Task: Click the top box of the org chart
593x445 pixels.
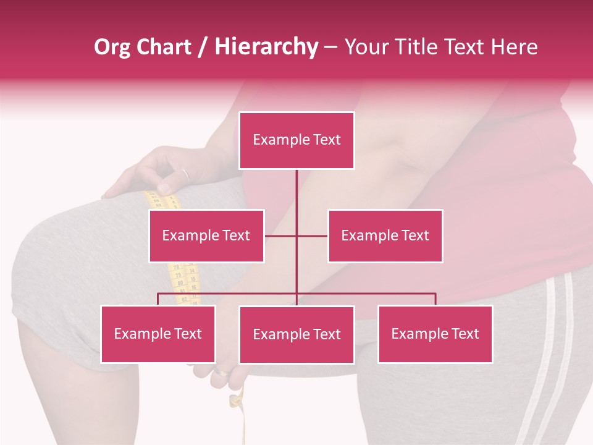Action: point(296,140)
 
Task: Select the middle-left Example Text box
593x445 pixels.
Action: point(206,235)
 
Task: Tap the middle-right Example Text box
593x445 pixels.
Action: point(385,235)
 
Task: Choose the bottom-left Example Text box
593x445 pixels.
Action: point(158,334)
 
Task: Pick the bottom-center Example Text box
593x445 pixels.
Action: point(296,334)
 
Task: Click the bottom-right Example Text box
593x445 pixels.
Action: point(435,334)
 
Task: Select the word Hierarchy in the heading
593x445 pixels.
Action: point(266,47)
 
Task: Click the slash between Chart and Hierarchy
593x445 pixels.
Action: point(203,47)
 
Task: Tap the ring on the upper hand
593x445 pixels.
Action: point(185,174)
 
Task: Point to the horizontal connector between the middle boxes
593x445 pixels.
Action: point(296,235)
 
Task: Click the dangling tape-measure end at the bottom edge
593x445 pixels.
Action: point(243,426)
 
